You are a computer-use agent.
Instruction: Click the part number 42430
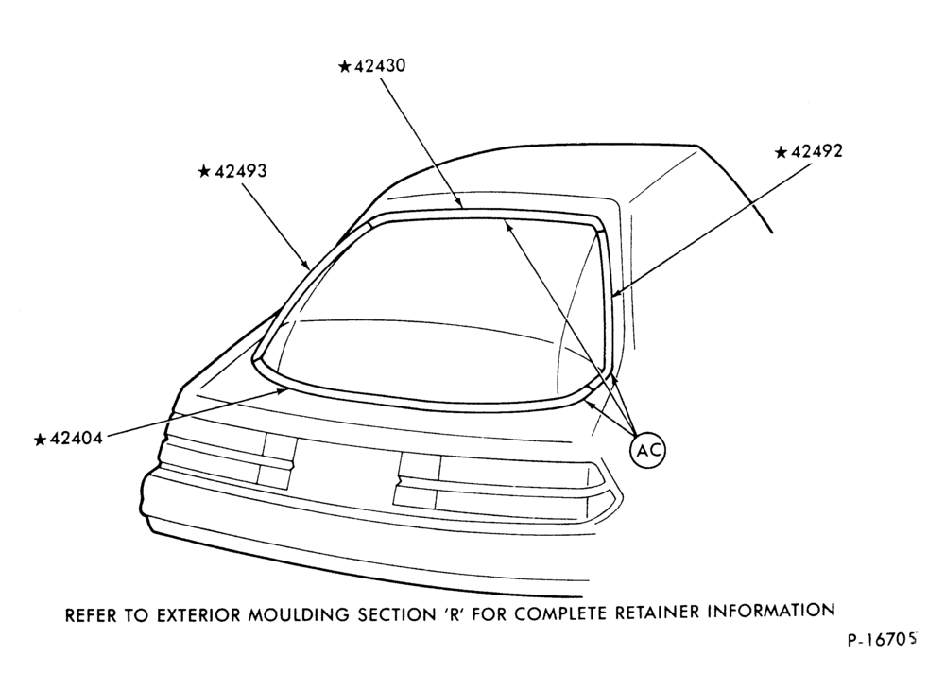[380, 66]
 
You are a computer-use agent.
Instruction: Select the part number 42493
[240, 171]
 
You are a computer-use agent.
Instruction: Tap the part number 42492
[816, 151]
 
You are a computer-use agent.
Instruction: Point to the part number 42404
[76, 439]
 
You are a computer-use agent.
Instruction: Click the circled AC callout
[648, 450]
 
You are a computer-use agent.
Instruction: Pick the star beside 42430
[345, 66]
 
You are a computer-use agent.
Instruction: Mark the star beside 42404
[41, 440]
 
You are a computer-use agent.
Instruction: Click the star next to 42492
[782, 152]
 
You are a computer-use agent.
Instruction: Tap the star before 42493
[204, 172]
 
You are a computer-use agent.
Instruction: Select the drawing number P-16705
[883, 640]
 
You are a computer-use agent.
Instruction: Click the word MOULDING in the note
[299, 614]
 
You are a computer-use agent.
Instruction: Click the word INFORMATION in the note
[771, 611]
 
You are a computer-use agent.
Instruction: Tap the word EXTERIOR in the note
[199, 615]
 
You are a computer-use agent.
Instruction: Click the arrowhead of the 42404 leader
[282, 391]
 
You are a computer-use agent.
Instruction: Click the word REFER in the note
[91, 615]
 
